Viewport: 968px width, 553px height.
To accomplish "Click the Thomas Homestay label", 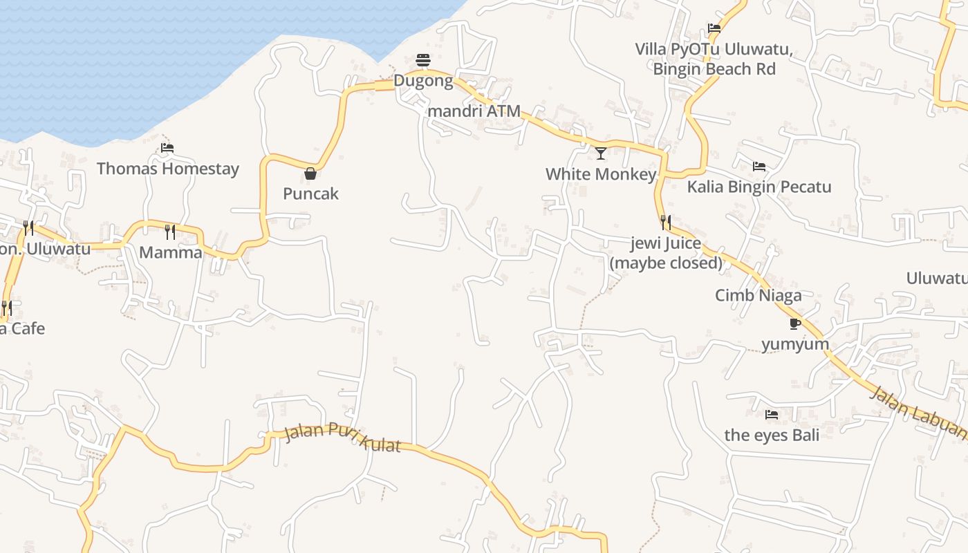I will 167,169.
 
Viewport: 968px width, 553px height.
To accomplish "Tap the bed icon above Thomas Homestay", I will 167,147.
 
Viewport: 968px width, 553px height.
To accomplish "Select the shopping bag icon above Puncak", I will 310,173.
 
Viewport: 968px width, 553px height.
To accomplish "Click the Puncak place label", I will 310,194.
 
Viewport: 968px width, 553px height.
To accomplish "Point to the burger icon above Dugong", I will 423,60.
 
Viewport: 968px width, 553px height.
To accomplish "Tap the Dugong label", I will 423,81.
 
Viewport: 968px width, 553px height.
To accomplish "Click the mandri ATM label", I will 474,111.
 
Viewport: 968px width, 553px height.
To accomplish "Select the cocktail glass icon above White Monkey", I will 600,153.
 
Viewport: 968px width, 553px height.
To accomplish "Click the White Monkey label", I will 600,174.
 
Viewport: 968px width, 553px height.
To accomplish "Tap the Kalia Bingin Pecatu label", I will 758,187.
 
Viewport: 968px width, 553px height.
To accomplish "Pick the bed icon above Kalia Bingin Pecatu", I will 758,167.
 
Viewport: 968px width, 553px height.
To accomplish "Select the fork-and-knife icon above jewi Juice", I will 666,223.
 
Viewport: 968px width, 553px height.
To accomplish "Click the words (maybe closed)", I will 666,263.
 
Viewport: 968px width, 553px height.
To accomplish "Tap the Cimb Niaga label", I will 758,296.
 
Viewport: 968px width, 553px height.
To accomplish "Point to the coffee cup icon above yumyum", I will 795,324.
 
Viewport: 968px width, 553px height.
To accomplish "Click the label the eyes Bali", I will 772,435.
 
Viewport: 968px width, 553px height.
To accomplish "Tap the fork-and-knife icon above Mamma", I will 170,232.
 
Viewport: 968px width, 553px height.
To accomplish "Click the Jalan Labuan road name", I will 917,412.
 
